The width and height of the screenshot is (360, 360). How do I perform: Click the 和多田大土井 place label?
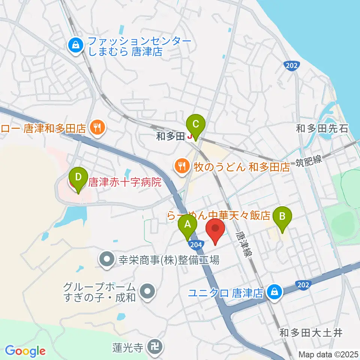(311, 333)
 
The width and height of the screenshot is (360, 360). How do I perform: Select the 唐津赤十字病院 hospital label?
(124, 183)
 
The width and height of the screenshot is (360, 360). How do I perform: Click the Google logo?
(25, 351)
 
